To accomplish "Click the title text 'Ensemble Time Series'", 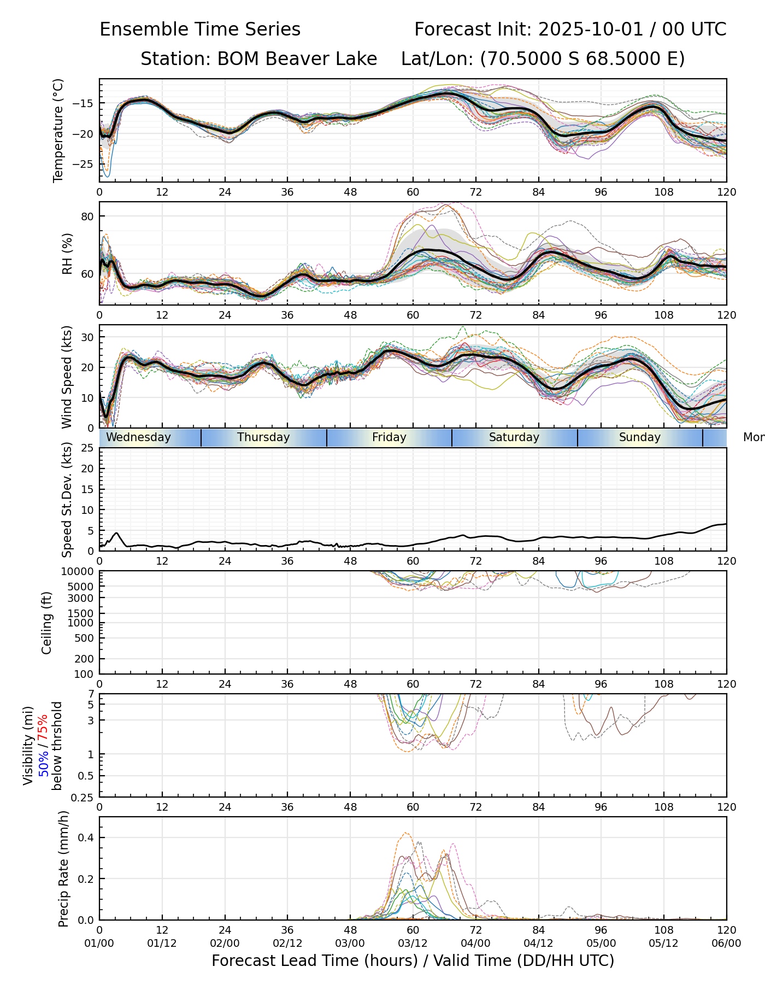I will pyautogui.click(x=200, y=30).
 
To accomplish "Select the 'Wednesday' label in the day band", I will pyautogui.click(x=138, y=437).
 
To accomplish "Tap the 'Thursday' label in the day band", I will pyautogui.click(x=263, y=437).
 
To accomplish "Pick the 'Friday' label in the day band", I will pyautogui.click(x=389, y=437).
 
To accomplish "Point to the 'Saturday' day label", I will pyautogui.click(x=514, y=437).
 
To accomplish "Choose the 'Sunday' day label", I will pyautogui.click(x=639, y=437).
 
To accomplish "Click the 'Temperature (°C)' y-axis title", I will pyautogui.click(x=58, y=130).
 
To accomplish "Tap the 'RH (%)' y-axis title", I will pyautogui.click(x=67, y=254).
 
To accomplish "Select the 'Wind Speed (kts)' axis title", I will pyautogui.click(x=67, y=377).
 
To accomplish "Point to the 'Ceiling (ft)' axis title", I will pyautogui.click(x=47, y=623).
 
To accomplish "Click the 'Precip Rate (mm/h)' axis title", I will pyautogui.click(x=64, y=869).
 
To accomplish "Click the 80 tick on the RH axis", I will pyautogui.click(x=87, y=216).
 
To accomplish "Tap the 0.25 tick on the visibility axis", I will pyautogui.click(x=83, y=796).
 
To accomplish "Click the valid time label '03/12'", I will pyautogui.click(x=413, y=943).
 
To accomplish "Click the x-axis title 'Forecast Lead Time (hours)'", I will pyautogui.click(x=314, y=960).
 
